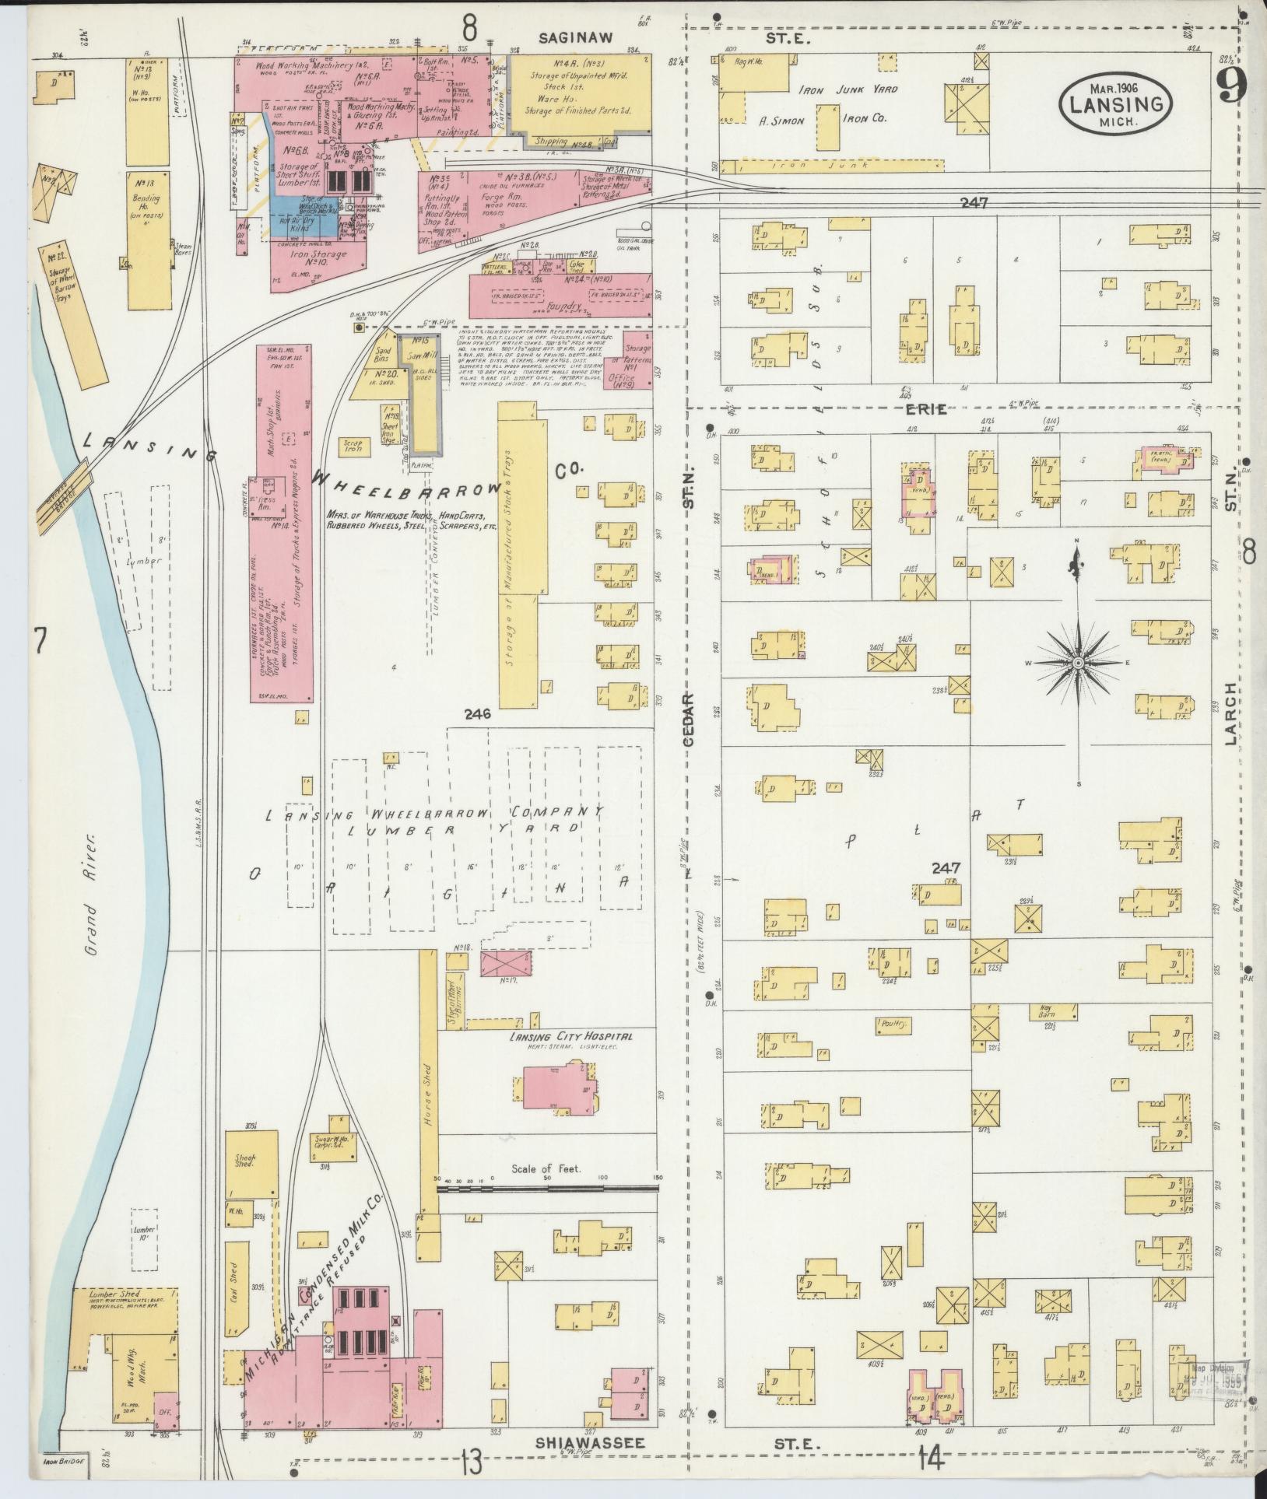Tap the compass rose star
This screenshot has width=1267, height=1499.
click(1078, 662)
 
